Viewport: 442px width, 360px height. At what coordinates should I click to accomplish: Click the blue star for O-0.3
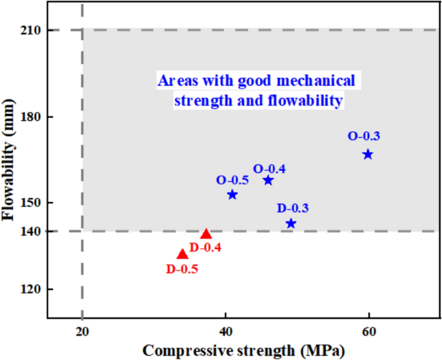[368, 154]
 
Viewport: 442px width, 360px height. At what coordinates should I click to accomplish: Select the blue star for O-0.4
[268, 181]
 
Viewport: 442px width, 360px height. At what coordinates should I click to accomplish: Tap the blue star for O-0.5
[232, 195]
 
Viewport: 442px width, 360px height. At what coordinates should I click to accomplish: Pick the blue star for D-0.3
[291, 224]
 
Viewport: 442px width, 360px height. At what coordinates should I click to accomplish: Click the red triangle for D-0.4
[206, 234]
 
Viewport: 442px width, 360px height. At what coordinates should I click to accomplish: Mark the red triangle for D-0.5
[183, 255]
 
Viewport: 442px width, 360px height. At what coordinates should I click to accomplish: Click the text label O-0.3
[364, 136]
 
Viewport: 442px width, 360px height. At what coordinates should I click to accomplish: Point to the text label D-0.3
[293, 208]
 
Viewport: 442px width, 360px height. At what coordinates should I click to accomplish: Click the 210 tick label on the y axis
[30, 30]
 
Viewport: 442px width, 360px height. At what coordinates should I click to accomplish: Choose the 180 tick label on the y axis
[30, 117]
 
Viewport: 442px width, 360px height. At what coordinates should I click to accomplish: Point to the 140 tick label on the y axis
[30, 232]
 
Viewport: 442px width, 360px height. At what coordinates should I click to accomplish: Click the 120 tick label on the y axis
[30, 290]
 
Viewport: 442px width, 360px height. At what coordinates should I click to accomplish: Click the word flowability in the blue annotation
[307, 101]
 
